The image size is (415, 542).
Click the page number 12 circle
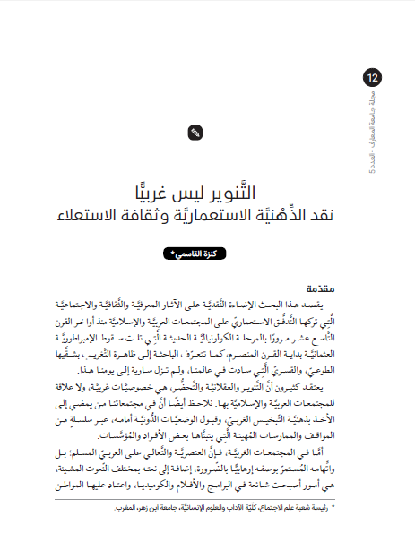[x=374, y=80]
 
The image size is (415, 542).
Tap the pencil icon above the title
[x=195, y=133]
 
